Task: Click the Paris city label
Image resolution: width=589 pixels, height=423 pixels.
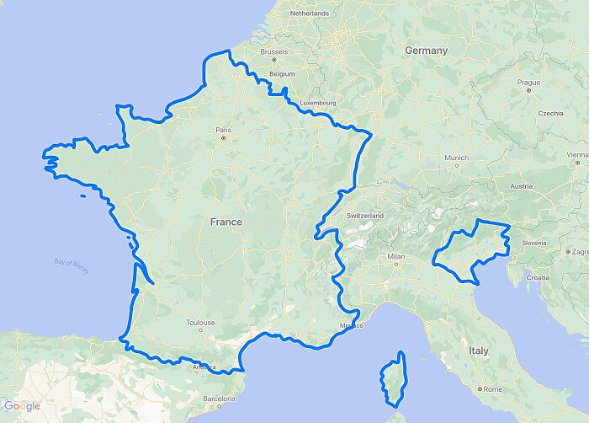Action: point(223,130)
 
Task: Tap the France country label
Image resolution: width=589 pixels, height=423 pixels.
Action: point(226,222)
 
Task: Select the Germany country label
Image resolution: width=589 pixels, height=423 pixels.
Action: point(426,51)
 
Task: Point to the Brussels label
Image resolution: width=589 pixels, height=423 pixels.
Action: point(274,51)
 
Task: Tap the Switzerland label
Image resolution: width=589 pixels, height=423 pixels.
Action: point(364,216)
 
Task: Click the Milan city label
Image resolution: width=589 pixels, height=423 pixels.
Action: point(395,256)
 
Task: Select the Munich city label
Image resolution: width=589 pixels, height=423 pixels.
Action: point(457,158)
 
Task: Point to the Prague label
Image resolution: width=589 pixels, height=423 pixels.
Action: point(528,83)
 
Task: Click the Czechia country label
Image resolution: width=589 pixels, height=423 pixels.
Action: point(550,113)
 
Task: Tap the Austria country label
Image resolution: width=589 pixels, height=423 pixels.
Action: point(522,186)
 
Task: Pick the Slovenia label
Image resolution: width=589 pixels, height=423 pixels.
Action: point(534,243)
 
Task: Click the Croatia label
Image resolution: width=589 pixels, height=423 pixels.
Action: point(538,277)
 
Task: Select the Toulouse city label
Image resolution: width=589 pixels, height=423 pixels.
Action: point(201,322)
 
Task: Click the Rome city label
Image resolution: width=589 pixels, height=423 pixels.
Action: point(492,388)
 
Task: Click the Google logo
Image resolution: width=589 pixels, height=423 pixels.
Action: point(21,406)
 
